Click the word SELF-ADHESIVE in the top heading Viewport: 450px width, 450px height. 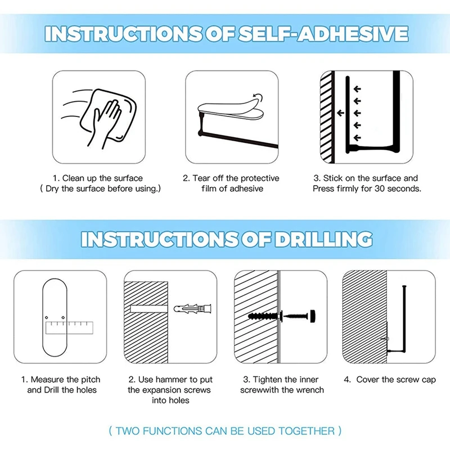pos(323,34)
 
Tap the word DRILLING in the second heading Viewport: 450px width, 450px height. pos(323,239)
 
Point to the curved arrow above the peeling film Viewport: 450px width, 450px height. pos(258,97)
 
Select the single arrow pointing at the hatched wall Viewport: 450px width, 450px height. pos(341,113)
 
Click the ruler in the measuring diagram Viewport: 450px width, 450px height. pos(69,328)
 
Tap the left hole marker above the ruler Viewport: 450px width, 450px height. pos(47,318)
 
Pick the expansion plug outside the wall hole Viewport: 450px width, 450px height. pos(193,309)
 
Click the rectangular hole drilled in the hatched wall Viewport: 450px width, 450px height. pos(148,309)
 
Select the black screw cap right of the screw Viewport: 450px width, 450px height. pos(312,316)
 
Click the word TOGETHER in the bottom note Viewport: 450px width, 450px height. pos(307,431)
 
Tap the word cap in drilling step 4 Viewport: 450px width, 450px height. pos(429,380)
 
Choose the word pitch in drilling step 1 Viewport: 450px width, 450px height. pos(91,380)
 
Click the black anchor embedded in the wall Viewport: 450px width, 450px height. pos(263,317)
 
